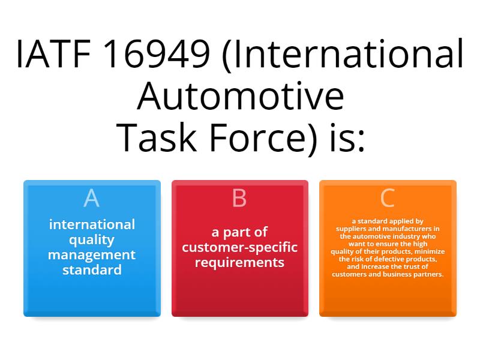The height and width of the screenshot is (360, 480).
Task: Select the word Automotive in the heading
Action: tap(240, 97)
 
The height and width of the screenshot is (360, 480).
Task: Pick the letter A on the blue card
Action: tap(92, 198)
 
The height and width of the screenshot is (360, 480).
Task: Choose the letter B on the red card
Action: tap(239, 198)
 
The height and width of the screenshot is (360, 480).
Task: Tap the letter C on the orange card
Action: tap(388, 198)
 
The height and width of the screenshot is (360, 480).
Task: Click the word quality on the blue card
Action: tap(92, 240)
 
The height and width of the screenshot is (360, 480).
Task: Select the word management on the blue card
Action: tap(92, 255)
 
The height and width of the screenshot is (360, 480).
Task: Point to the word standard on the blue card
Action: tap(92, 270)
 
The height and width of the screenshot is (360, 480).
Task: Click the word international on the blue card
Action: tap(92, 225)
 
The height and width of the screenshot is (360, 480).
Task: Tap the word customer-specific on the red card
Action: tap(240, 247)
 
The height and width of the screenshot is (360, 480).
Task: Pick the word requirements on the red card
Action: tap(240, 262)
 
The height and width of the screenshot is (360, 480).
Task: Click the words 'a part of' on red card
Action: tap(240, 232)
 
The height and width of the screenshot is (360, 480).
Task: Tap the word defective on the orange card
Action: tap(391, 259)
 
